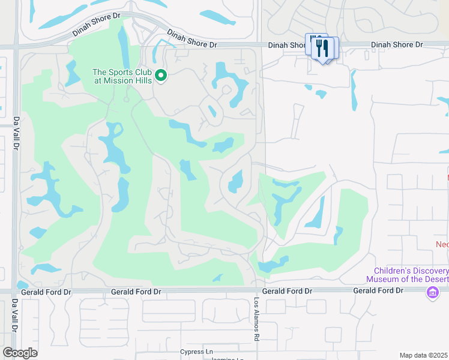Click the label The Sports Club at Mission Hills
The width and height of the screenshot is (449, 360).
coord(122,76)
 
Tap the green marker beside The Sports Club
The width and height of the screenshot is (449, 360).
coord(160,75)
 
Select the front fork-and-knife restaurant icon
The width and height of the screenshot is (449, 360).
coord(324,49)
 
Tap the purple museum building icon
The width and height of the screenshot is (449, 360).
coord(432,293)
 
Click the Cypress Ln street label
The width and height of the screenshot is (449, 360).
coord(196,352)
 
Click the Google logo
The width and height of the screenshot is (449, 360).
coord(20,353)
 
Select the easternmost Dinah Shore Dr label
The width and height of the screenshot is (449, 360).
coord(397,45)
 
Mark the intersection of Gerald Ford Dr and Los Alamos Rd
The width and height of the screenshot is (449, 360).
coord(257,291)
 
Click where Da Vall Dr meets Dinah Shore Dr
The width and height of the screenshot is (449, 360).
coord(16,45)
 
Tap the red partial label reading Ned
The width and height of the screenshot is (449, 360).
coord(442,244)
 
